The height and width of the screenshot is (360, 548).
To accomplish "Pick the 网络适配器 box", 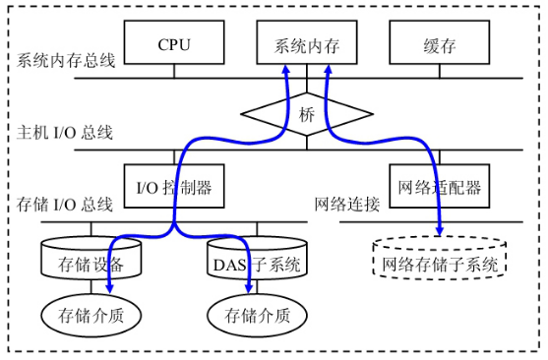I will pos(439,184).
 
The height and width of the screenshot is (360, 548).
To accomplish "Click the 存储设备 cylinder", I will pos(91,262).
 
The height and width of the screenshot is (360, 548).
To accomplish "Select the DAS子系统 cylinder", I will pos(257,263).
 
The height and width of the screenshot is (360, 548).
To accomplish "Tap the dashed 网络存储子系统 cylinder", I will pos(440,263).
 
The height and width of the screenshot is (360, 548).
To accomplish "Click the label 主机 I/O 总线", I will pos(65,132).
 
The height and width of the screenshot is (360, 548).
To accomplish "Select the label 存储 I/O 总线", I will pos(65,204).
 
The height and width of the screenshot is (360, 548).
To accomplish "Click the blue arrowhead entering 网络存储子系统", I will pos(439,231).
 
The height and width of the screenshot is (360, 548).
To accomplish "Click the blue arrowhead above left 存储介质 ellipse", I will pos(108,287).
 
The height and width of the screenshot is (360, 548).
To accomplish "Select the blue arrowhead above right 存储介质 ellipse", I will pos(249,287).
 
